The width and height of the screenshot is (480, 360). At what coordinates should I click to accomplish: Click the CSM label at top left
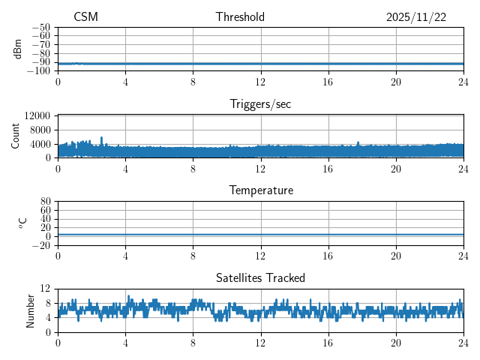(85, 17)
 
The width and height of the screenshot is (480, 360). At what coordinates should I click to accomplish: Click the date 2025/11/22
(416, 17)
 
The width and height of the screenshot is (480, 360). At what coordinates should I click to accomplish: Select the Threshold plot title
(240, 17)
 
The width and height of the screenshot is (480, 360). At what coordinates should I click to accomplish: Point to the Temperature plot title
(260, 190)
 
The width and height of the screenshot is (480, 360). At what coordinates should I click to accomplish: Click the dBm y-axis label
(18, 49)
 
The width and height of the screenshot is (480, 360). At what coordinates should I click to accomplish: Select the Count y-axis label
(16, 136)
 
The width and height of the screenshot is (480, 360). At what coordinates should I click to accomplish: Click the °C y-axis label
(22, 223)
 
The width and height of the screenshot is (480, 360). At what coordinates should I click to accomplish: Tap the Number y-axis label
(31, 310)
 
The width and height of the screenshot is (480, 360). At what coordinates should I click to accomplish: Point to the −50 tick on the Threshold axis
(40, 27)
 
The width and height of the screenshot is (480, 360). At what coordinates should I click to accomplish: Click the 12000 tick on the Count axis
(37, 116)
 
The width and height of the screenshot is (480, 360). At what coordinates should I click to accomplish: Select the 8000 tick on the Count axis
(40, 130)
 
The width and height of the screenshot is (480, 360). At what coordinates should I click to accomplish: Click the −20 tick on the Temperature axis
(40, 245)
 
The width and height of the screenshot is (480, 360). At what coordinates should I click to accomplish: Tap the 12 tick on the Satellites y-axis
(46, 289)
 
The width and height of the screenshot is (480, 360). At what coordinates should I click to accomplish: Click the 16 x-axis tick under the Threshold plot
(328, 82)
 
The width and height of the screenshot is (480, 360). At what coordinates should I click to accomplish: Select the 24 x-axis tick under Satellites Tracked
(463, 343)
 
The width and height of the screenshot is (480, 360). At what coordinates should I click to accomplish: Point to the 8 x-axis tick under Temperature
(193, 256)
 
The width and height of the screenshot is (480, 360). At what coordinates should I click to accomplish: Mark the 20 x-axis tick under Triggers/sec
(395, 169)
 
